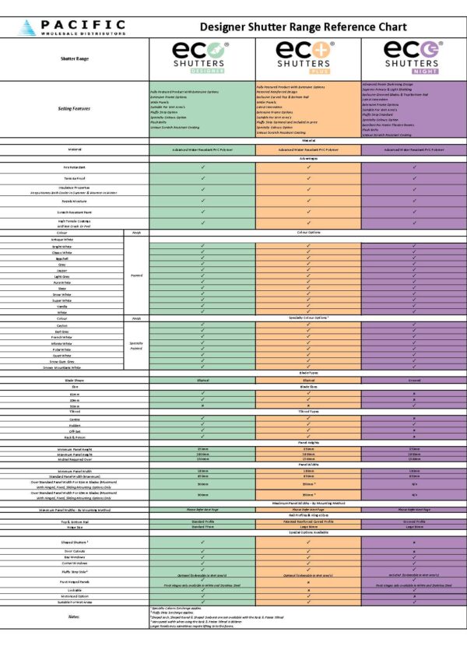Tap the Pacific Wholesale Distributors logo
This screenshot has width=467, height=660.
point(74,27)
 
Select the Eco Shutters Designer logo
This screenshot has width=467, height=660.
point(202,58)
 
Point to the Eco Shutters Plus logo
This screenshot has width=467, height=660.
point(309,58)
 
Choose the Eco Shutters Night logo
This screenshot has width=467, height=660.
point(413,58)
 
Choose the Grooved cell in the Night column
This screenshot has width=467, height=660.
point(413,380)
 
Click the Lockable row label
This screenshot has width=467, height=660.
point(74,589)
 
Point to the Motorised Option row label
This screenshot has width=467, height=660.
point(74,595)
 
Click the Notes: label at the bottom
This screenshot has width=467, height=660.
point(74,616)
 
